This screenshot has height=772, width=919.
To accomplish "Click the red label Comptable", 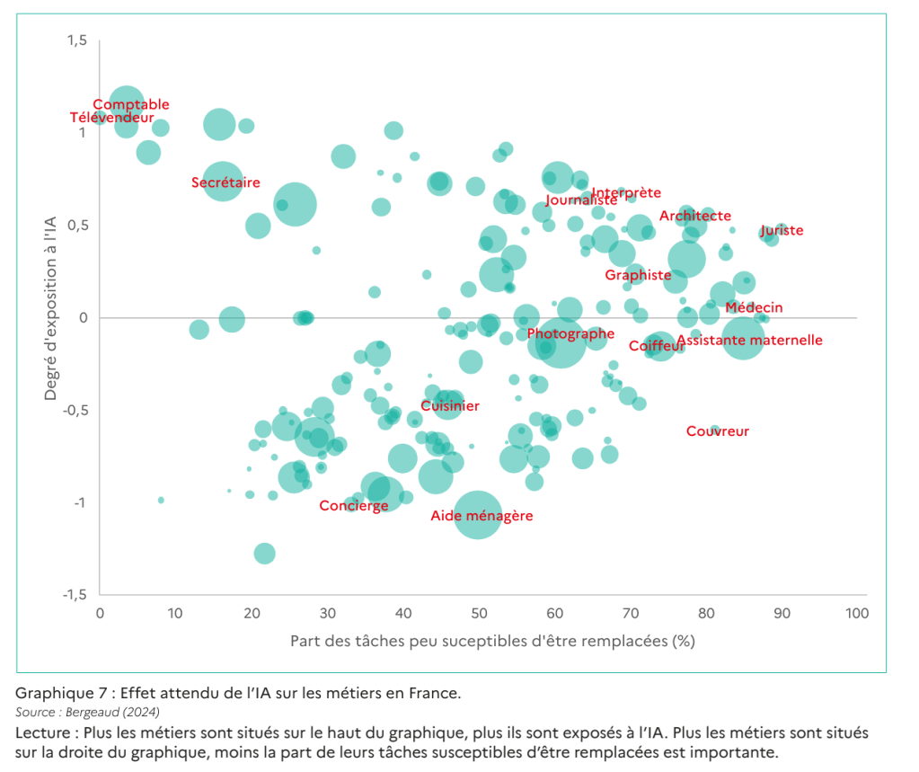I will coord(131,105).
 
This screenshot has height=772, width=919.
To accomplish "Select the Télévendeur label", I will coord(112,118).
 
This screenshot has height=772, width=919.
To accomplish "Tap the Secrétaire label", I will coord(225,182).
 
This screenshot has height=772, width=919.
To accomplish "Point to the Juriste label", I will coord(782,231).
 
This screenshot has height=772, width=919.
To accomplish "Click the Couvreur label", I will coord(718,431).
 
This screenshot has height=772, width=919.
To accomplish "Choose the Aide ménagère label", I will coord(482,516).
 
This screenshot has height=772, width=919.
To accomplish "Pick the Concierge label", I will coord(354,505).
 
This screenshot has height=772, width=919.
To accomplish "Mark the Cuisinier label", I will coord(450,406).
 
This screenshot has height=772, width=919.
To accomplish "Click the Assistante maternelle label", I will coord(749,341).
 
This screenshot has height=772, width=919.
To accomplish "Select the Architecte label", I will coord(695,216).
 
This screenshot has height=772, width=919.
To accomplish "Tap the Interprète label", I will coord(627,192).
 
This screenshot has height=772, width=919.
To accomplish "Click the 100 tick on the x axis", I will coord(857,614).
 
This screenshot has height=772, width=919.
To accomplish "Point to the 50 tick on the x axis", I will coord(478,614).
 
